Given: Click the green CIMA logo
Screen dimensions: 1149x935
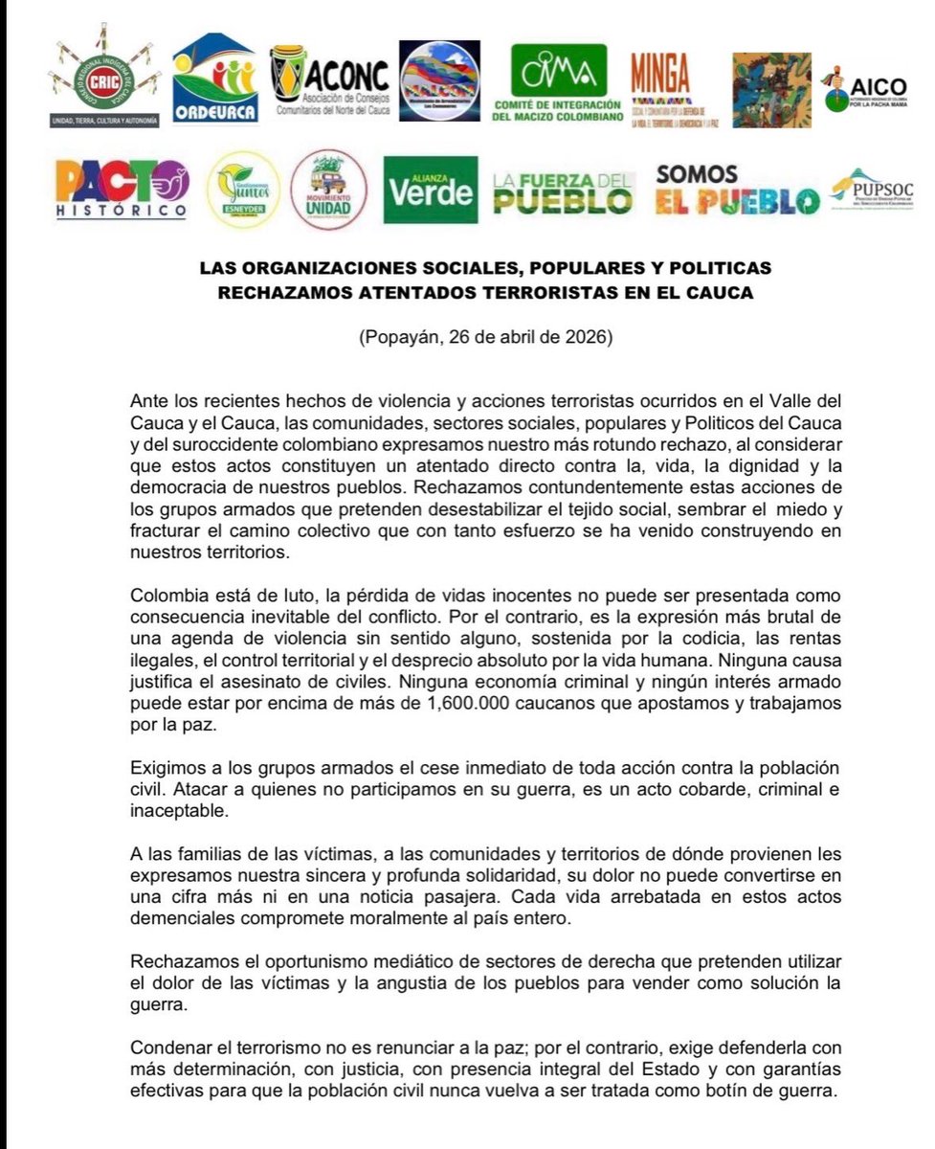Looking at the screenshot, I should (558, 82).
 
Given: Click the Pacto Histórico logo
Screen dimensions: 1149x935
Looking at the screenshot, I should (121, 189).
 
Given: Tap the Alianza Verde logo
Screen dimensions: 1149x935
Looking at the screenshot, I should (430, 190).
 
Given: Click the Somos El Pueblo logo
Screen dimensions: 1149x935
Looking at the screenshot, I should (737, 190).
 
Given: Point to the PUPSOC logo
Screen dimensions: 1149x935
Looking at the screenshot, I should (872, 188).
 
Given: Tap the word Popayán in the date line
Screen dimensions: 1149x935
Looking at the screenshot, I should (399, 338).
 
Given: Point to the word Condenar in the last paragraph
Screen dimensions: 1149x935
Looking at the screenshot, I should (167, 1039).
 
